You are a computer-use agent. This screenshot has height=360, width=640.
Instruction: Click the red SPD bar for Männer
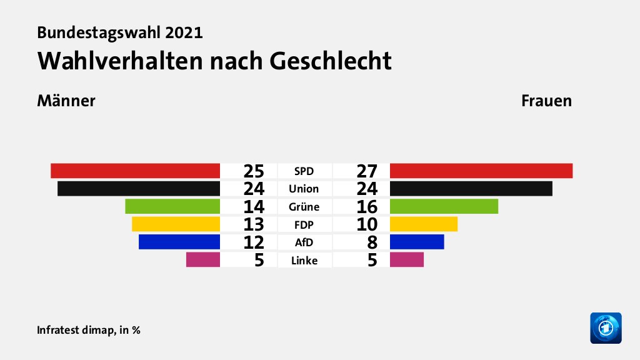point(135,171)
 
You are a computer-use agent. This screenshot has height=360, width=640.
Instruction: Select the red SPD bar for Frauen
point(481,171)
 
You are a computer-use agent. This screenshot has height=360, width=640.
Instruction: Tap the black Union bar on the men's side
point(138,189)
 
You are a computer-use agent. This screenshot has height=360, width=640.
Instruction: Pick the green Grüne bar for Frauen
point(444,206)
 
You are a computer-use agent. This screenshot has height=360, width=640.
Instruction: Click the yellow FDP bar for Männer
point(176,224)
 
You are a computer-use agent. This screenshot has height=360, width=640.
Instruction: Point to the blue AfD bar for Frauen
point(416,242)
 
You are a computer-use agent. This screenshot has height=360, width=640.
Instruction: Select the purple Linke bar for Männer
point(203,259)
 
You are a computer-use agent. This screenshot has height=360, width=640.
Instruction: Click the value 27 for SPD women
point(367,171)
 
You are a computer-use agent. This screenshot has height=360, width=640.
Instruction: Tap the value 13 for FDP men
point(254,224)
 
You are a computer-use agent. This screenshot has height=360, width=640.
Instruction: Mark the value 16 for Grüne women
point(367,206)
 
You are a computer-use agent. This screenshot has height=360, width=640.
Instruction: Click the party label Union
point(304,189)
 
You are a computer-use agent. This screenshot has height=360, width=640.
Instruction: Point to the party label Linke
point(304,260)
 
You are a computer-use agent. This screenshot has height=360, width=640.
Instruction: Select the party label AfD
point(304,242)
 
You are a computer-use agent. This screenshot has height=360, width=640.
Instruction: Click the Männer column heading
point(66,101)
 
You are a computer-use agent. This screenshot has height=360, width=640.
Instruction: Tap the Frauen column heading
point(547,101)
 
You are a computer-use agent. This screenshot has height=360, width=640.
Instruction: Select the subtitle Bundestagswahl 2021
point(120,32)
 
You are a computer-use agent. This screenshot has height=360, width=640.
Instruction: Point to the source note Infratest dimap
point(75,330)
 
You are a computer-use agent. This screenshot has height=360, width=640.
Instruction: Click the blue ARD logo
point(606,327)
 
